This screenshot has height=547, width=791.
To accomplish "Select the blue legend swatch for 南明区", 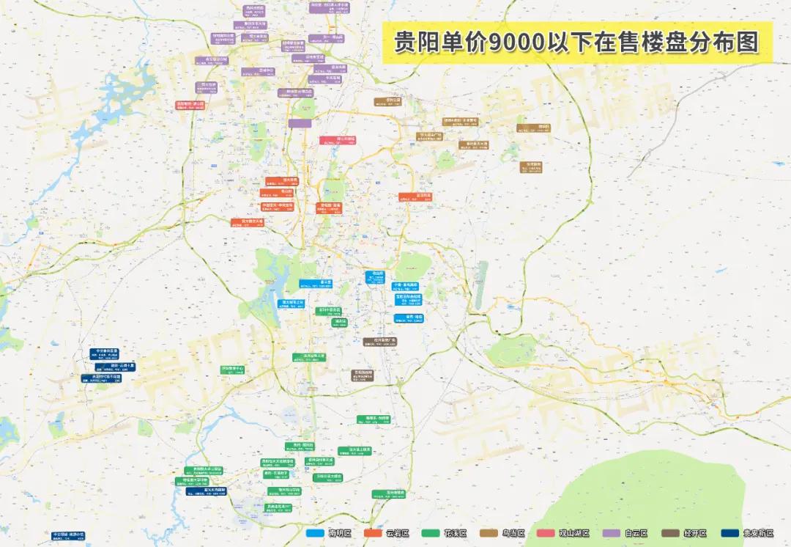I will point(316,533).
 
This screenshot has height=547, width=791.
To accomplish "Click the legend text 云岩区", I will point(396,533).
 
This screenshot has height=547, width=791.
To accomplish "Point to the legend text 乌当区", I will point(512,533).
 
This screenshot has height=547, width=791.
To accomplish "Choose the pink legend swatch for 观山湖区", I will point(547,533).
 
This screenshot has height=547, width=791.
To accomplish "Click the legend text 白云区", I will point(634,533).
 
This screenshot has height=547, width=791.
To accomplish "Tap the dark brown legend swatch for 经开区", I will point(672,533).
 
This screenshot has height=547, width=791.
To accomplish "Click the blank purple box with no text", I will point(300,123).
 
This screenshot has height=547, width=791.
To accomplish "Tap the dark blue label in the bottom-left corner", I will point(68,536).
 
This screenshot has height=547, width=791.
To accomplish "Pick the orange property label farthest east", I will point(415,197).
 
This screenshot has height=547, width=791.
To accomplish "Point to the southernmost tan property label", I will point(532,167).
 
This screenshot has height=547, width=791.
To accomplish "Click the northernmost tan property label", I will point(388,101).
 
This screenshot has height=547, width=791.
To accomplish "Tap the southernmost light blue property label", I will point(409,318).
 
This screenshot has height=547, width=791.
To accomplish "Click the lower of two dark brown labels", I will point(359,374).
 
